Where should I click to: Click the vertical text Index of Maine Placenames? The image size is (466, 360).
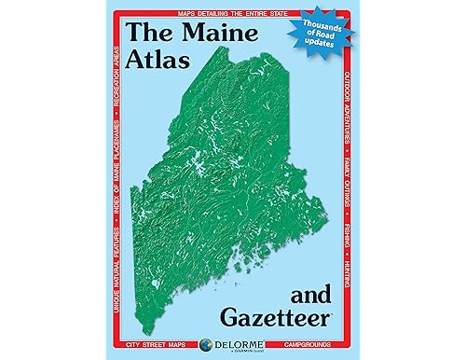(x=116, y=173)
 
